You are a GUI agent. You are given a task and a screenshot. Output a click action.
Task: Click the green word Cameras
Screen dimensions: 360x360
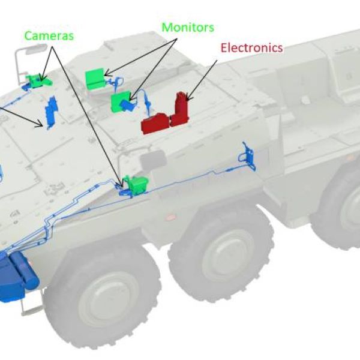pyautogui.click(x=49, y=35)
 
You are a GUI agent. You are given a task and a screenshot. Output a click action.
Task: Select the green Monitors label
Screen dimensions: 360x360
pyautogui.click(x=188, y=28)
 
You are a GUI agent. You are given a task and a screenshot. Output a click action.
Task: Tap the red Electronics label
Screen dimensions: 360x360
pyautogui.click(x=251, y=48)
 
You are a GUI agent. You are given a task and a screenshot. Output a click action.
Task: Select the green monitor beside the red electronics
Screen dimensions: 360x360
pyautogui.click(x=122, y=101)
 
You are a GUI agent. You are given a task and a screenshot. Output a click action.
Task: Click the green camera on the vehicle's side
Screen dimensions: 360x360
pyautogui.click(x=137, y=184)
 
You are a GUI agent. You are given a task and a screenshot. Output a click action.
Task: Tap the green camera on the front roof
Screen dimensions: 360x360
pyautogui.click(x=40, y=80)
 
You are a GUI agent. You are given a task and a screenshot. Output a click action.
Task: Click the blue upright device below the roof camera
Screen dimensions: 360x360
pyautogui.click(x=51, y=111)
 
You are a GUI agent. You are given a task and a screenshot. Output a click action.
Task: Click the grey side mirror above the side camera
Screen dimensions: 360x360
pyautogui.click(x=152, y=159)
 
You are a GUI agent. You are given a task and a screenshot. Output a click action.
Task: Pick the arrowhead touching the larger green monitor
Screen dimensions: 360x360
pyautogui.click(x=106, y=76)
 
